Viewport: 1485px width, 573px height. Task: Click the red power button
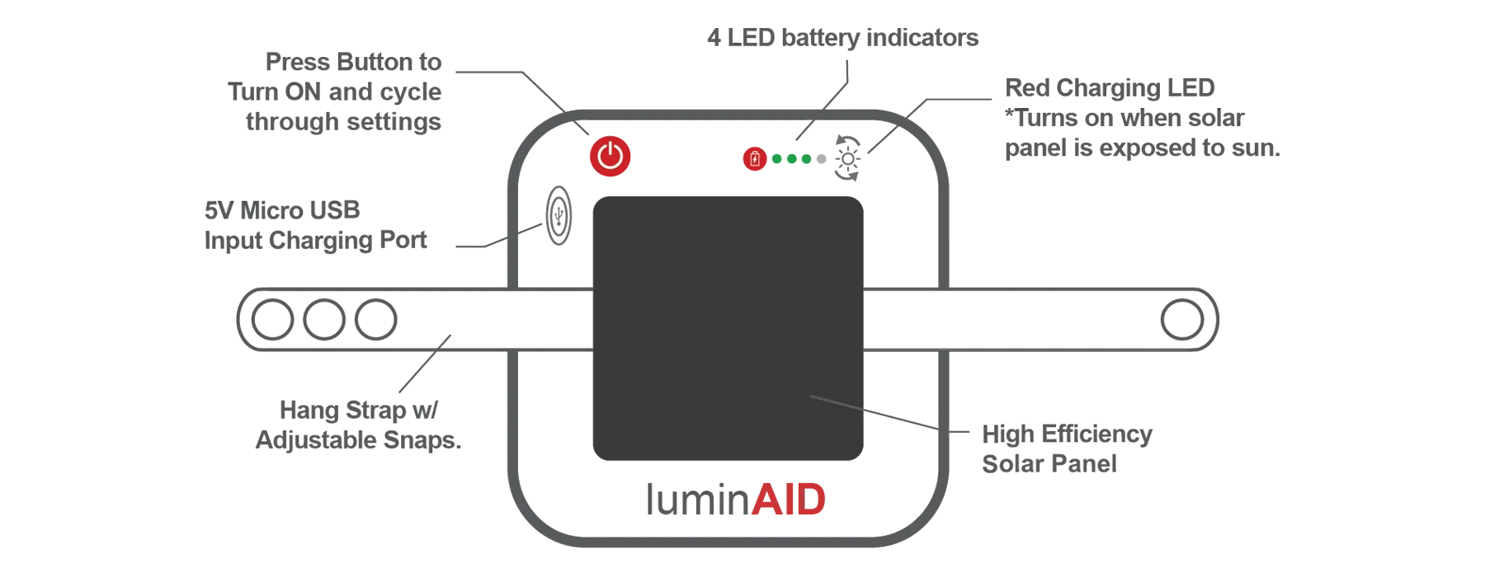610,157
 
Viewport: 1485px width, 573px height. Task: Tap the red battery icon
754,159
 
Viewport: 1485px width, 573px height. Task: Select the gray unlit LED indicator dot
821,159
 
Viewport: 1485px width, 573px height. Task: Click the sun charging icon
847,157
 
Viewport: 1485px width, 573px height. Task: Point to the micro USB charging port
559,216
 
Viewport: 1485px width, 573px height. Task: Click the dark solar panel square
728,328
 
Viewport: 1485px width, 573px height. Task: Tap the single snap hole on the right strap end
1183,320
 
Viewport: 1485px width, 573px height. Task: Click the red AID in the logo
789,500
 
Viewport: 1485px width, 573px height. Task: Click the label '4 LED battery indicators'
842,38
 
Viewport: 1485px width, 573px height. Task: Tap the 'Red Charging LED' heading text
1110,88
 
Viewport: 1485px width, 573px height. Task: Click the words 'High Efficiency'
1066,434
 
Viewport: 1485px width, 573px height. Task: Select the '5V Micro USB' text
282,210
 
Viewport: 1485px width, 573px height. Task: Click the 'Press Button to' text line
353,63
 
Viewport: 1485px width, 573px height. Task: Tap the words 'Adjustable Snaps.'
358,439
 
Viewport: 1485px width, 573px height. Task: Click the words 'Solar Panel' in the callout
1049,464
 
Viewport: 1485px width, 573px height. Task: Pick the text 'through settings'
343,122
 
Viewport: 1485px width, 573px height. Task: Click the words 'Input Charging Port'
316,240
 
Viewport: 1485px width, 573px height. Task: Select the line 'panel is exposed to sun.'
1142,148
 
